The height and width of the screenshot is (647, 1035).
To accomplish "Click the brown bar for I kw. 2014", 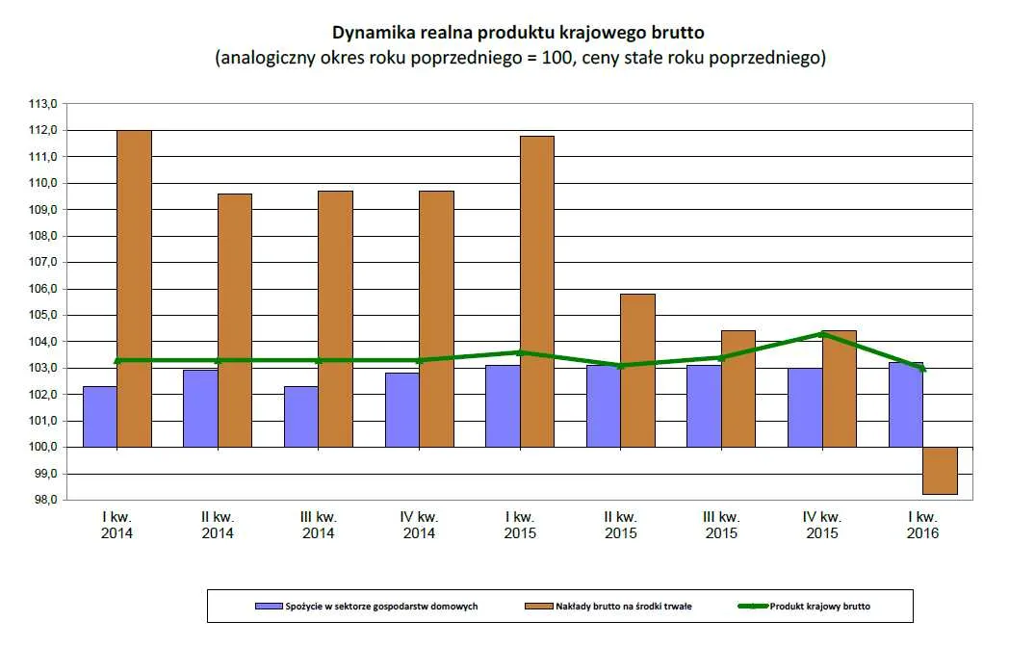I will click(x=134, y=289).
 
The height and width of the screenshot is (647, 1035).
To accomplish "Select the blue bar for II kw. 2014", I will click(x=200, y=408).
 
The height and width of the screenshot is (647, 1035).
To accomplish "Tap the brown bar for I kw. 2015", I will click(x=536, y=292).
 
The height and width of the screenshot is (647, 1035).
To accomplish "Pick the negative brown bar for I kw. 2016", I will click(x=940, y=471).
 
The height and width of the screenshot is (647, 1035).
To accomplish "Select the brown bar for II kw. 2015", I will click(x=637, y=371).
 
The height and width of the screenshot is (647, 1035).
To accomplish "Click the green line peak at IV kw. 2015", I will click(x=822, y=333).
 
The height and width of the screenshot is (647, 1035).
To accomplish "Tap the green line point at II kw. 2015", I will click(x=620, y=366).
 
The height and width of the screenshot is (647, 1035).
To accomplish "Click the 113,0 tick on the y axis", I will click(x=46, y=103).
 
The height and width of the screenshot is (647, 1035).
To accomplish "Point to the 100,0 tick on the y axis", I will click(x=46, y=448).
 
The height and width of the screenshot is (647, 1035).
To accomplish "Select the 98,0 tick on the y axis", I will click(x=46, y=501).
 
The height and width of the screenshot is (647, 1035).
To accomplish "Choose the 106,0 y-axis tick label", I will click(x=46, y=289).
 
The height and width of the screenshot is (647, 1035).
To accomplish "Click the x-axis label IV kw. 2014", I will click(x=419, y=525).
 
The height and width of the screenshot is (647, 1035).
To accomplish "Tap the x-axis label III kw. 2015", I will click(x=721, y=525).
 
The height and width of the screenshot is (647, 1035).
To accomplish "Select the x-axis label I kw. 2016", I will click(x=922, y=525).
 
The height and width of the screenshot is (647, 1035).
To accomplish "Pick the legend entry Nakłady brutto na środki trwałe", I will click(x=622, y=606).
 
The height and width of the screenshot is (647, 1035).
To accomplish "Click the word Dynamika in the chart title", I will click(x=375, y=33).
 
